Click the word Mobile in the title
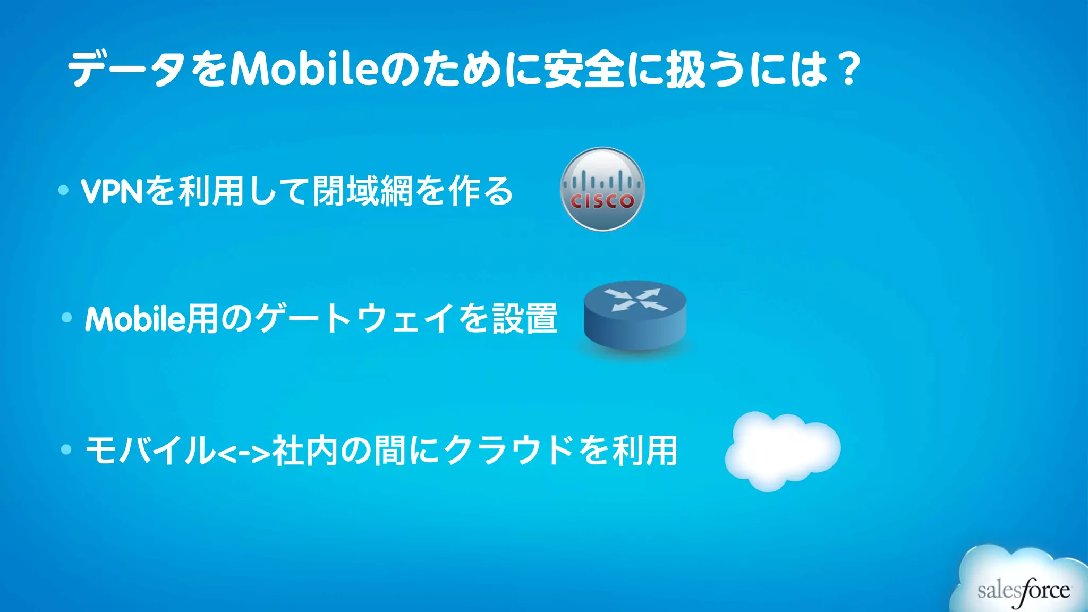[303, 70]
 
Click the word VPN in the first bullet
[112, 191]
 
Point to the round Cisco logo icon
[602, 189]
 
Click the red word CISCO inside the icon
[602, 201]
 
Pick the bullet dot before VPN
[64, 190]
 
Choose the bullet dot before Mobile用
[67, 318]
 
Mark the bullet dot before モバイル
[66, 449]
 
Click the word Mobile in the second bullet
[135, 319]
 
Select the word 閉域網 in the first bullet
[362, 191]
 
